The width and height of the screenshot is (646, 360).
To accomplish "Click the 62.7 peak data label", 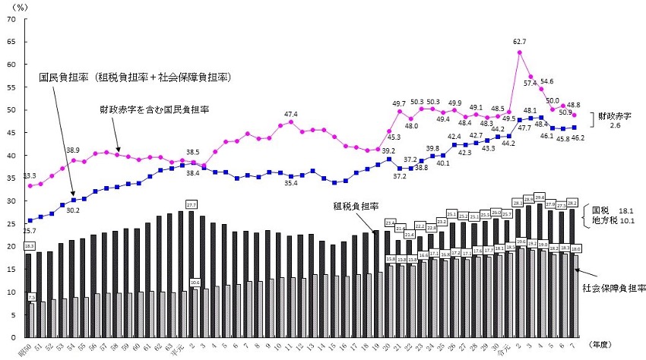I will (520, 43).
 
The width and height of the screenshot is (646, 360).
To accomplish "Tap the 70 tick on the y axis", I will (10, 20).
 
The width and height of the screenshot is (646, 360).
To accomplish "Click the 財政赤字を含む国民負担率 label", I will (154, 109).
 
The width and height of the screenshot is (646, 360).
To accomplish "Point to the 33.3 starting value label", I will (30, 175).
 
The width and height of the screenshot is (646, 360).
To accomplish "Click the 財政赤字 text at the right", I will (616, 116).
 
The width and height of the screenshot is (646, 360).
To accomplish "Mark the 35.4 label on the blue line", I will (290, 183).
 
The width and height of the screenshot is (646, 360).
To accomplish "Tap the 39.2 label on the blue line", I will (388, 151).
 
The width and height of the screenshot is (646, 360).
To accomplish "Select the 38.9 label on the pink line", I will (74, 150).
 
